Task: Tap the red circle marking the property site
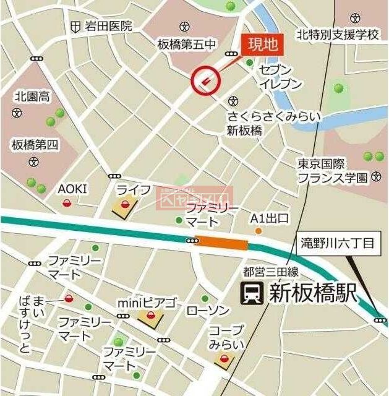(205, 80)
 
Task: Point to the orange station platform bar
(221, 244)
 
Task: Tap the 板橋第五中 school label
(187, 44)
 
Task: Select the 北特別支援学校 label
(336, 34)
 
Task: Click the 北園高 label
(32, 97)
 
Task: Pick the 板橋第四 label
(34, 145)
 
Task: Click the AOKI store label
(73, 189)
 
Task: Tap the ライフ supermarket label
(133, 189)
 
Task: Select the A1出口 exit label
(270, 218)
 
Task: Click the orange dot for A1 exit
(259, 231)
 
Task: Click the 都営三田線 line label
(271, 272)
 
